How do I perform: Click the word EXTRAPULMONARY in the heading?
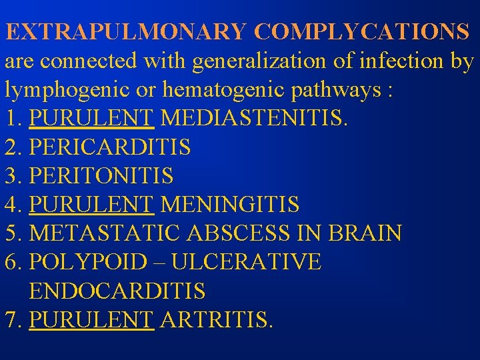(126, 31)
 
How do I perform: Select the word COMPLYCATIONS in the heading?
(362, 31)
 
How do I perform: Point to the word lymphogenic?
(63, 91)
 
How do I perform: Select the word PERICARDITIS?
(110, 147)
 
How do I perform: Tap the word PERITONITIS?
(101, 176)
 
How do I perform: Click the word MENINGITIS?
(230, 205)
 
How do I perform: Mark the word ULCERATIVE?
(246, 262)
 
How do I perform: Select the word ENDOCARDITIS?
(117, 291)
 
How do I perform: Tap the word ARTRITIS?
(217, 320)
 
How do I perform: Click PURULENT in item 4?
(92, 205)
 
